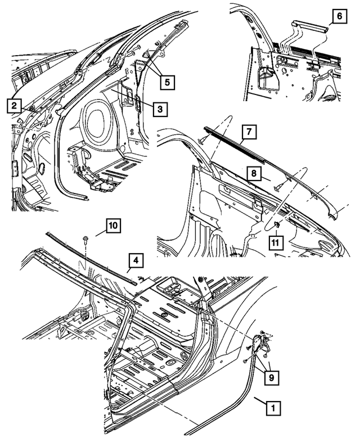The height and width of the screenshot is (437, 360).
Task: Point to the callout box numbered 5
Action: point(166,82)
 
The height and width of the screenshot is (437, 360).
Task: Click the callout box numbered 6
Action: point(340,17)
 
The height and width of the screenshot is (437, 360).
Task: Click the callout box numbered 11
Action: point(276,242)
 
